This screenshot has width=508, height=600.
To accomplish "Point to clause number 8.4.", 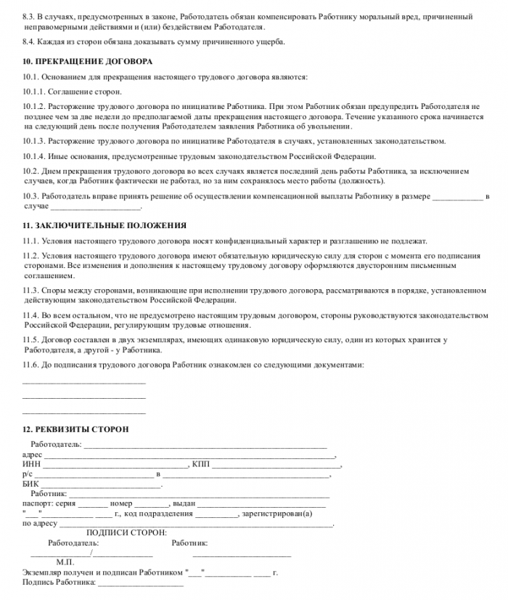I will coord(30,41).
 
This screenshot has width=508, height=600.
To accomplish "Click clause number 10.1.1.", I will coord(36,92).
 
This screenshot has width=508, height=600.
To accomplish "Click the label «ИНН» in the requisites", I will coord(32,464).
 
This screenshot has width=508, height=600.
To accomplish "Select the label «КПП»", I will coord(200,464).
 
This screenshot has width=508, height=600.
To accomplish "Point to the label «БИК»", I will coord(31,483).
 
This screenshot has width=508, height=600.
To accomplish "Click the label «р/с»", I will coord(28,474).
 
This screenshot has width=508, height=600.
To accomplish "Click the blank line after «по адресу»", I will coord(196,523).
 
